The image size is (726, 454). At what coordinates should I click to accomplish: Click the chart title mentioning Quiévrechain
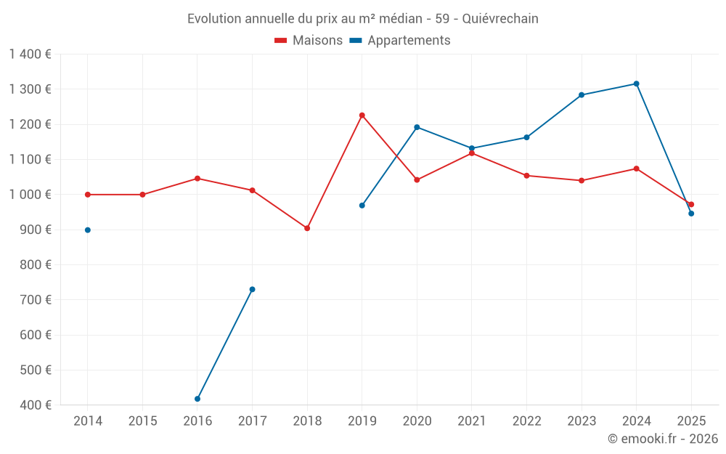pyautogui.click(x=362, y=18)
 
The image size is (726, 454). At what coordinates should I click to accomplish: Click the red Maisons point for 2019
pyautogui.click(x=362, y=115)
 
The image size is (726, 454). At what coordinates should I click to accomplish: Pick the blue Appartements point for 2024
pyautogui.click(x=637, y=84)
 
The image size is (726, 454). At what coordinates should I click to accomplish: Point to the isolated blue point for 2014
pyautogui.click(x=88, y=230)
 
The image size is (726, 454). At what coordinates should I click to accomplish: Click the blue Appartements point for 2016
pyautogui.click(x=197, y=399)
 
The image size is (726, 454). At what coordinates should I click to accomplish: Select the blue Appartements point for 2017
pyautogui.click(x=253, y=289)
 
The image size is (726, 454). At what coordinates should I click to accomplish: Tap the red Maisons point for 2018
pyautogui.click(x=307, y=228)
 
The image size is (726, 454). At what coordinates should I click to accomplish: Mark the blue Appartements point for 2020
pyautogui.click(x=417, y=127)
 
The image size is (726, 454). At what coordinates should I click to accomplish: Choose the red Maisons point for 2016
pyautogui.click(x=197, y=179)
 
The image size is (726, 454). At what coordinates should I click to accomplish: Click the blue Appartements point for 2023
pyautogui.click(x=582, y=95)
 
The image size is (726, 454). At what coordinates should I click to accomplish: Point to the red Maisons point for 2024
pyautogui.click(x=637, y=169)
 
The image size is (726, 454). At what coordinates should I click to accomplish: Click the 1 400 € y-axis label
pyautogui.click(x=30, y=54)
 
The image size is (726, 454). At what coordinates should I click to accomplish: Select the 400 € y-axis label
pyautogui.click(x=36, y=405)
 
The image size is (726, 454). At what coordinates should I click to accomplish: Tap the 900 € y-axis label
pyautogui.click(x=36, y=230)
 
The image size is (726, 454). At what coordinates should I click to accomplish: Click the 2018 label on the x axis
pyautogui.click(x=307, y=421)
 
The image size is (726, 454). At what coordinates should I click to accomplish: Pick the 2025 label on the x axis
pyautogui.click(x=691, y=421)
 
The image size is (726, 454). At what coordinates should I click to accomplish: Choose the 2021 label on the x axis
pyautogui.click(x=472, y=421)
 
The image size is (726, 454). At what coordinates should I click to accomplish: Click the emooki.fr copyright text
pyautogui.click(x=662, y=439)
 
